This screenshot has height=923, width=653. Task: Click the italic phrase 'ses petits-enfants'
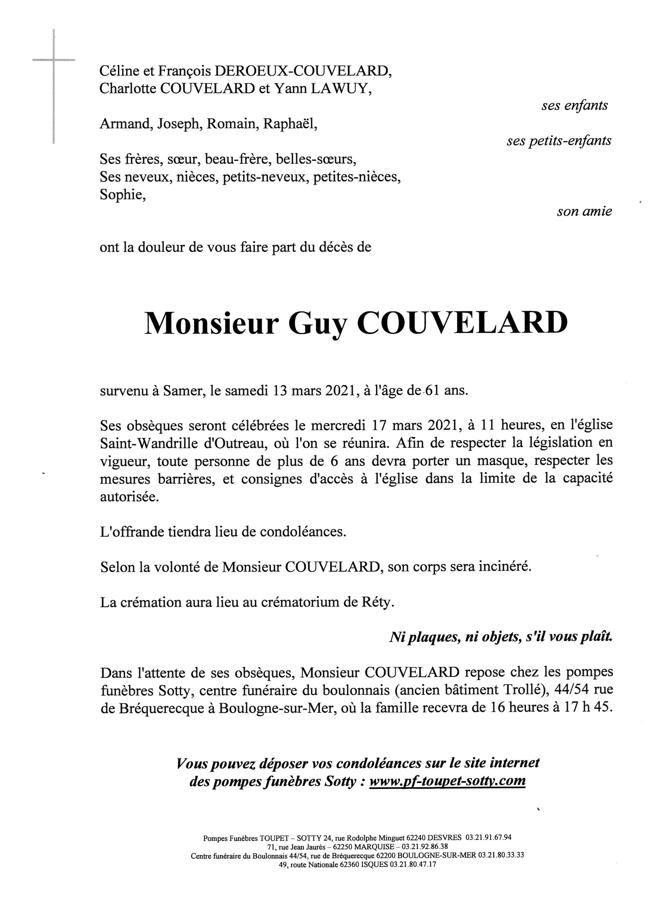[x=558, y=141]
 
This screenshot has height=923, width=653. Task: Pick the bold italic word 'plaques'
[x=434, y=637]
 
